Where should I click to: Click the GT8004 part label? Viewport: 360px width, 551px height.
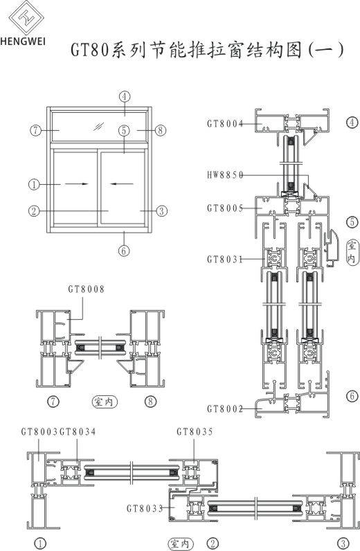225,124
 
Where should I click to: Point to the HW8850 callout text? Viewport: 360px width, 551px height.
225,175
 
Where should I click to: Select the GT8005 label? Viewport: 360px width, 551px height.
225,208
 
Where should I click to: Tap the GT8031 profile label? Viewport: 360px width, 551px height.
225,260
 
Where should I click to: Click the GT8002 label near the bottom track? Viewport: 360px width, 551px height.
225,408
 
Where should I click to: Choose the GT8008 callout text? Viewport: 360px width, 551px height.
86,289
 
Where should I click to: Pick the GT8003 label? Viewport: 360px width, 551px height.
39,431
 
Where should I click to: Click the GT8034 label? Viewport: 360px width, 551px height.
78,431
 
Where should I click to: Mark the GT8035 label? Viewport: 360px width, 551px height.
195,431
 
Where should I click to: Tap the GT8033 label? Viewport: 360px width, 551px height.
145,508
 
